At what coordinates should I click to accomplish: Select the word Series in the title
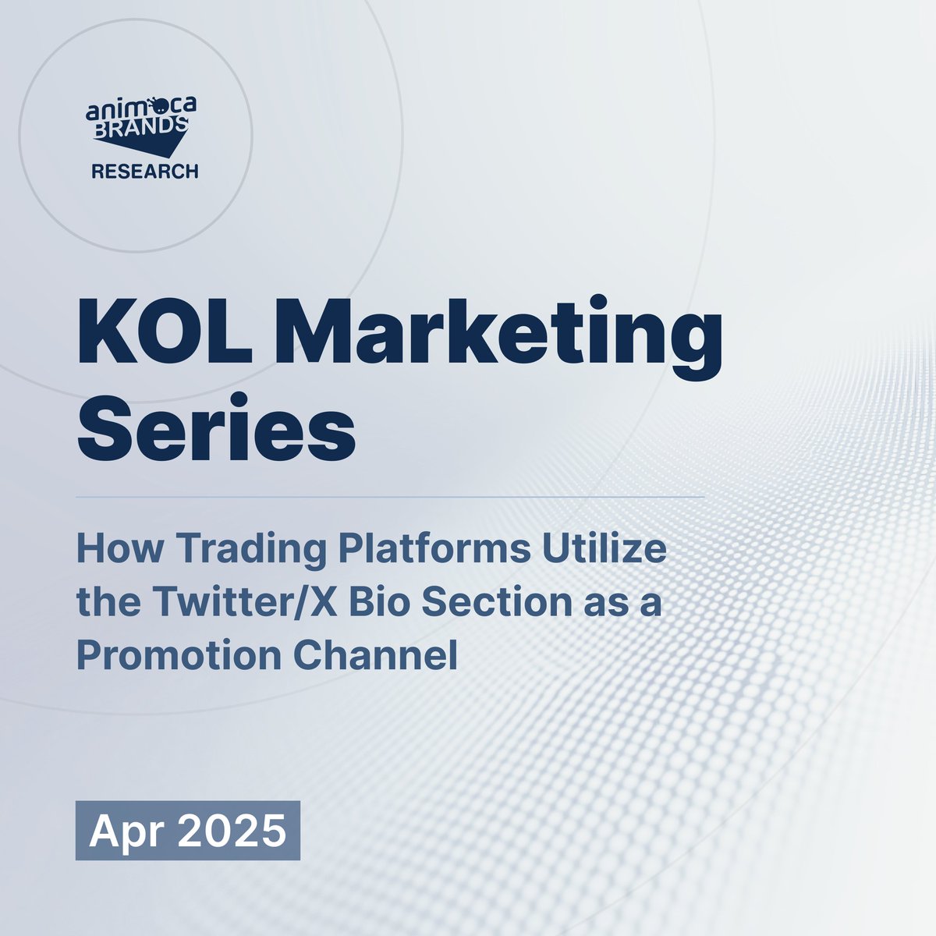click(x=217, y=428)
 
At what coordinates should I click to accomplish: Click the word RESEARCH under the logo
click(x=145, y=172)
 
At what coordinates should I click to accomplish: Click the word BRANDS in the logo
click(x=140, y=127)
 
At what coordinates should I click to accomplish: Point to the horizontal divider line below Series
click(x=390, y=498)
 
